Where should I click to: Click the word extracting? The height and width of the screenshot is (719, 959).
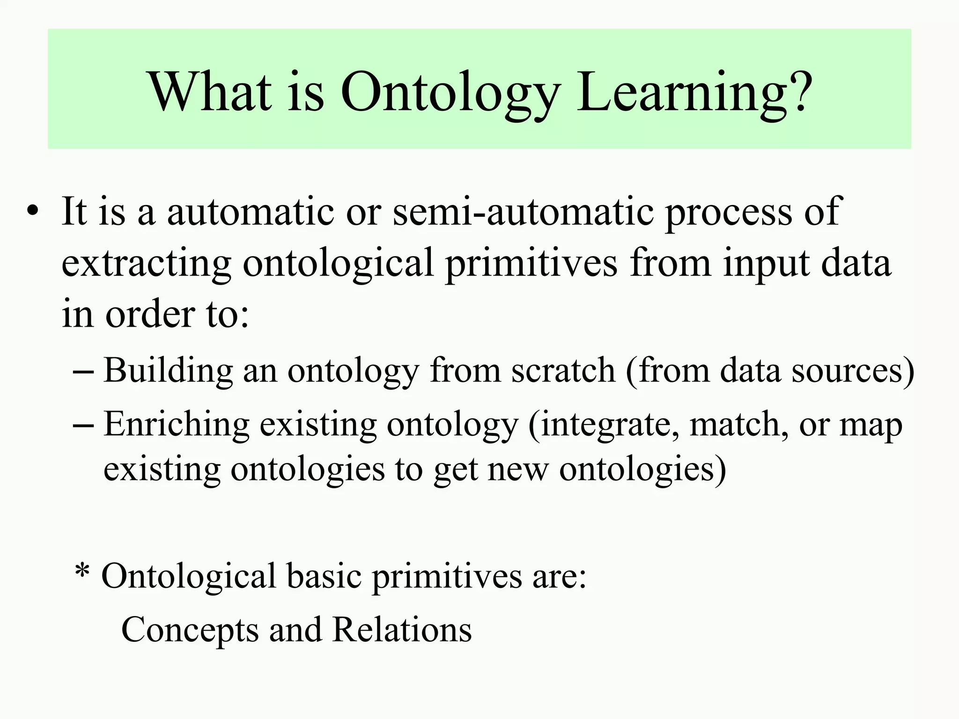[x=146, y=263]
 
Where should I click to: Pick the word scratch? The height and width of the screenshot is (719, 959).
[x=563, y=370]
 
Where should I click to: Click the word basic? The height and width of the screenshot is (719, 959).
[x=324, y=576]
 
